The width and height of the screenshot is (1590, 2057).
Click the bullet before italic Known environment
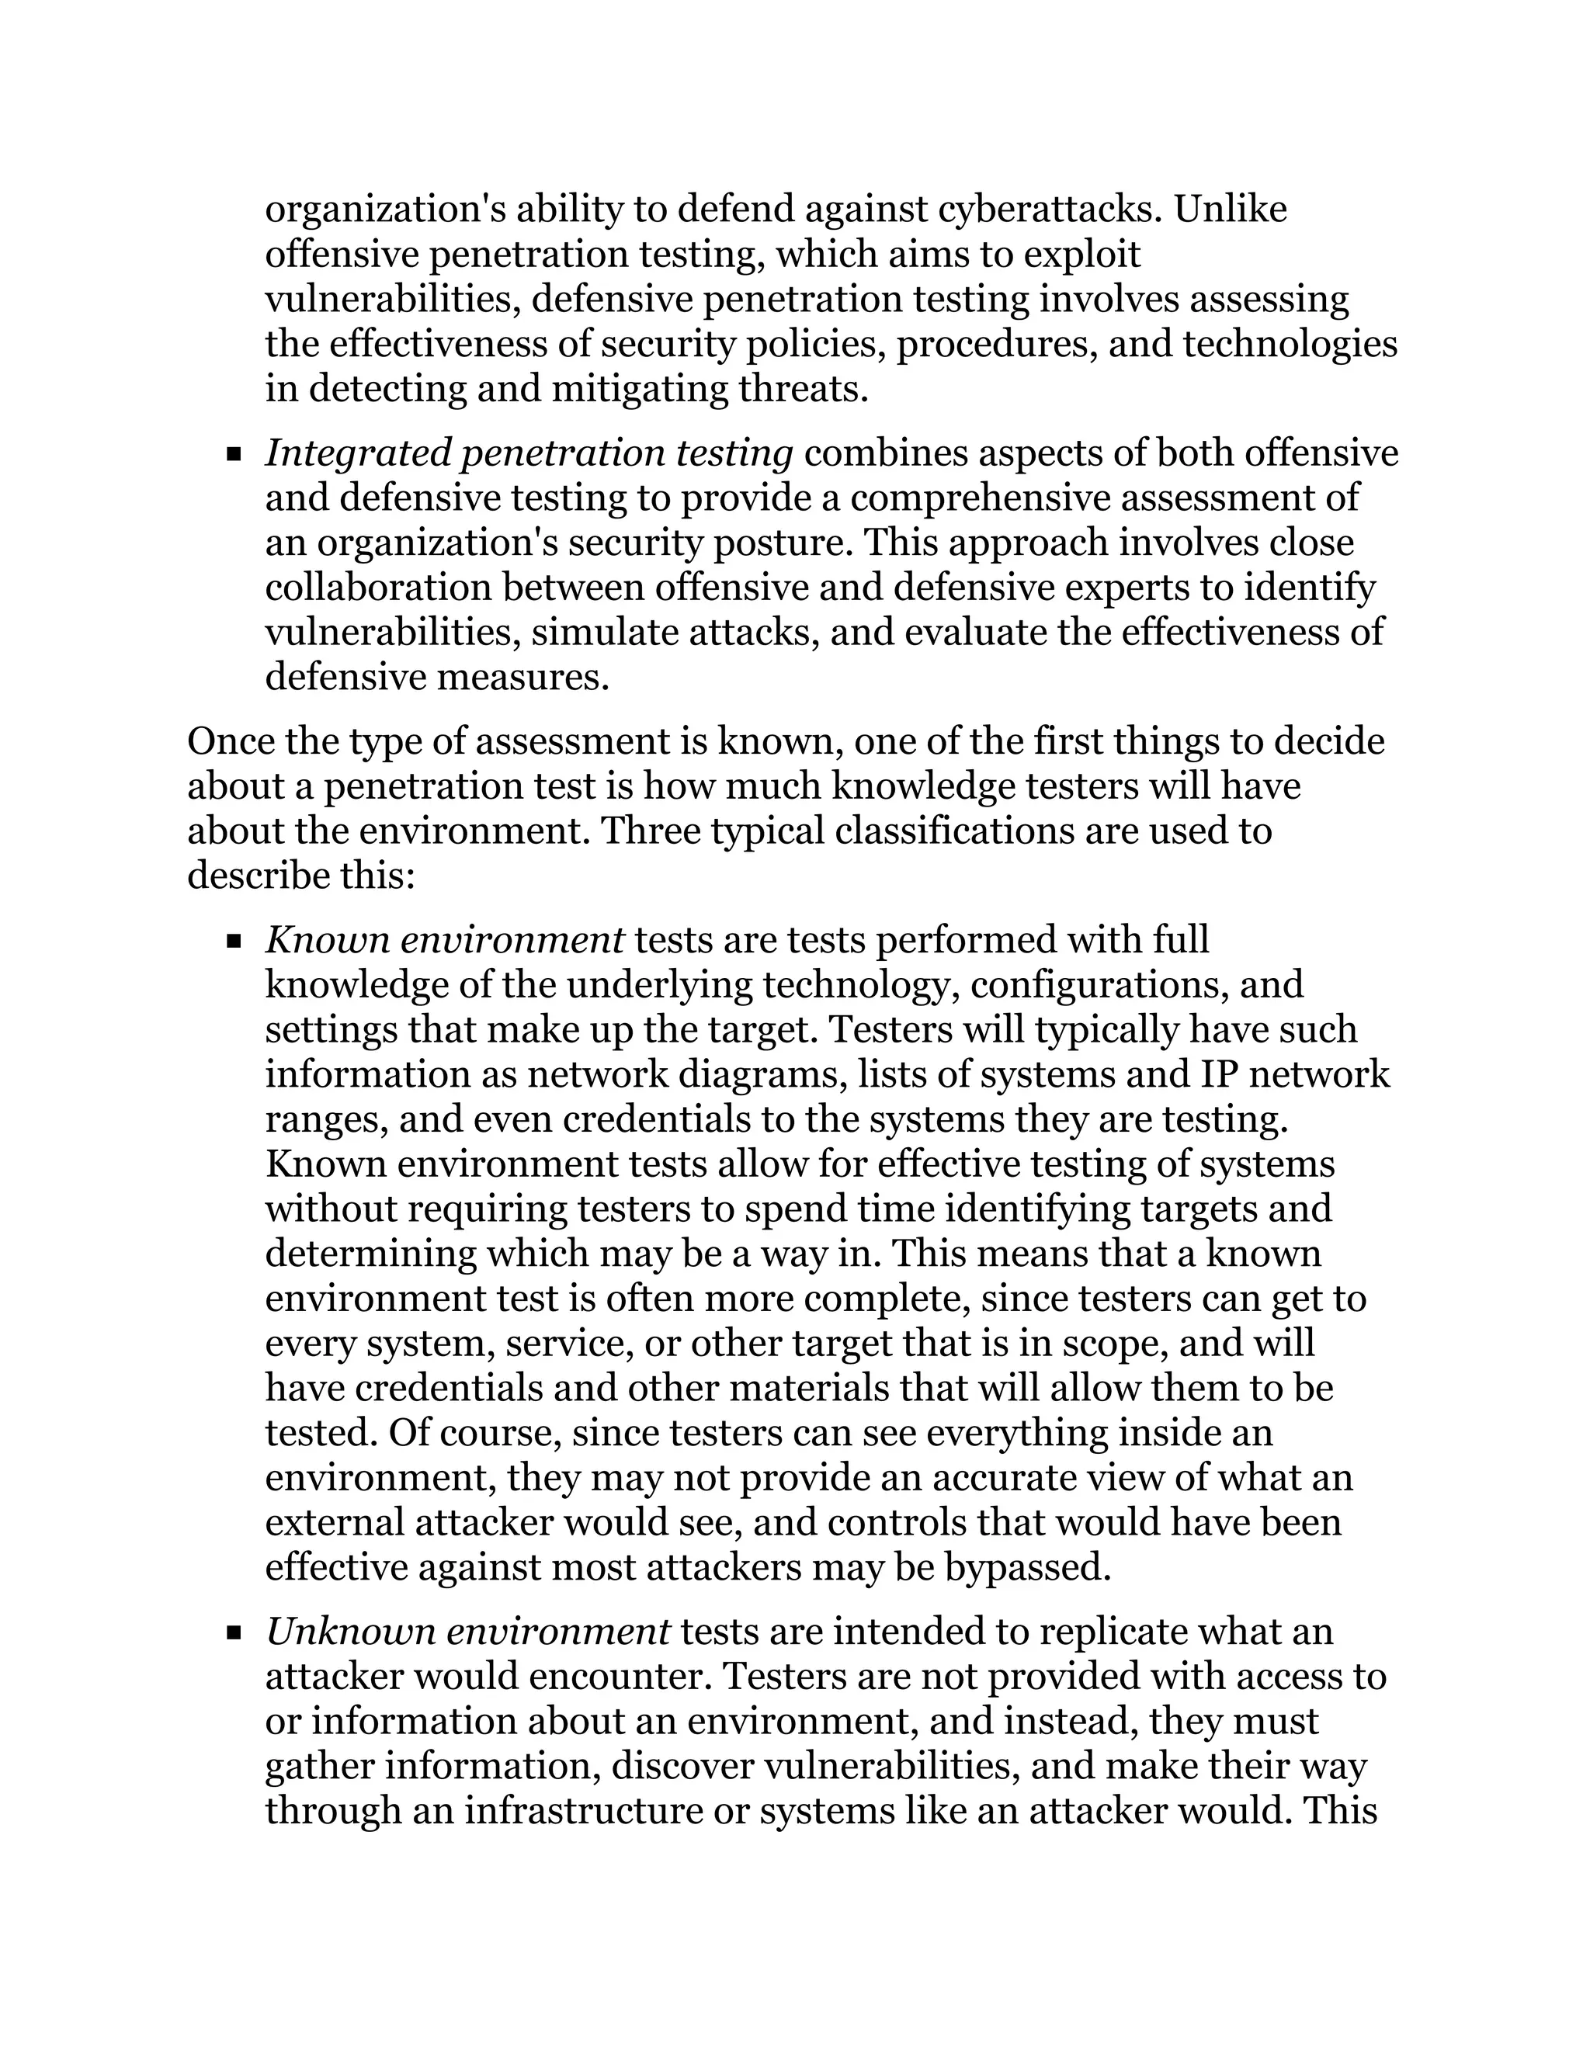pyautogui.click(x=234, y=942)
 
